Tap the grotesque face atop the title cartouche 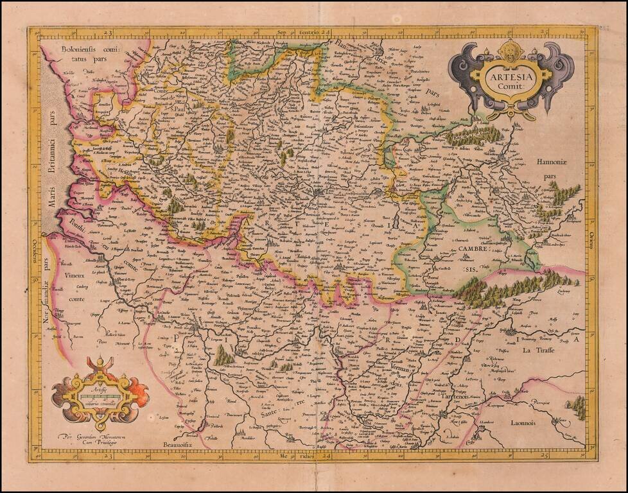tap(511, 49)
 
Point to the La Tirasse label tap(538, 350)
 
